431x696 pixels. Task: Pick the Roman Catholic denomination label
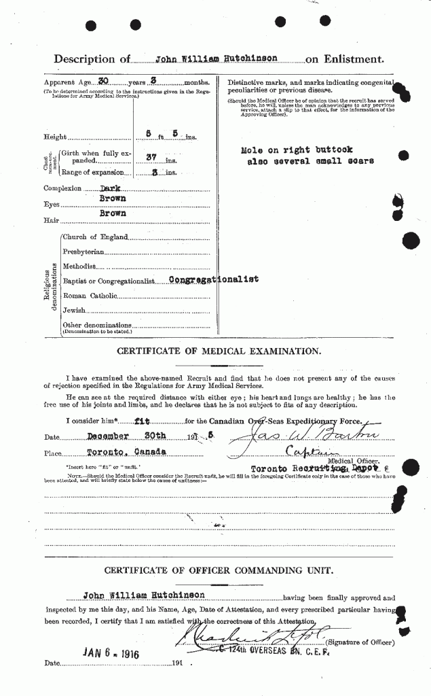click(x=90, y=296)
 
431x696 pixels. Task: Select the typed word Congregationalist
click(x=214, y=279)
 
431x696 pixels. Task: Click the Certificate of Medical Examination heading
click(x=219, y=351)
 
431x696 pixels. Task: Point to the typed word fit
click(x=143, y=421)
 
